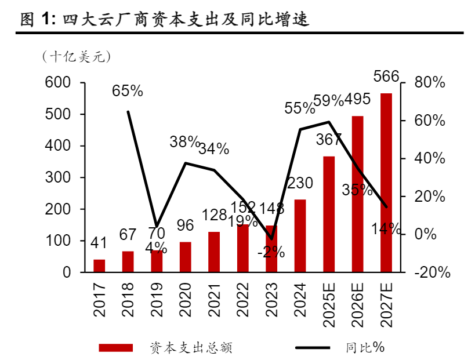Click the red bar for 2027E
coord(386,183)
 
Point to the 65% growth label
coord(128,91)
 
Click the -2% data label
coord(271,252)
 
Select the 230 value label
coord(300,184)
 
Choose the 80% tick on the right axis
coord(430,83)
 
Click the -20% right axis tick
coord(432,272)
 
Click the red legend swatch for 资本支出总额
coord(116,348)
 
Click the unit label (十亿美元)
coord(76,57)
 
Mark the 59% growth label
coord(329,101)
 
